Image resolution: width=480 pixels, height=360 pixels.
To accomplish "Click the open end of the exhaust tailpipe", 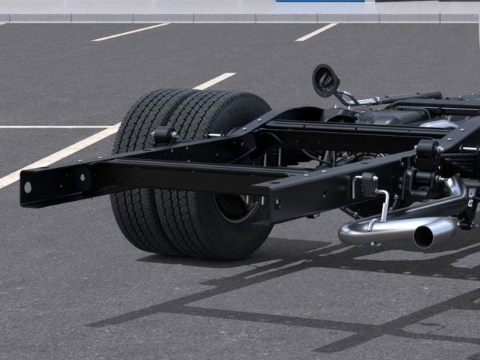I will [x=424, y=236].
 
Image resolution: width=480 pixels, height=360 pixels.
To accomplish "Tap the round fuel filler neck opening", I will [x=325, y=79].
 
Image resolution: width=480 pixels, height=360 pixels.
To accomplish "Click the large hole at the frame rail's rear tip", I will [x=28, y=187].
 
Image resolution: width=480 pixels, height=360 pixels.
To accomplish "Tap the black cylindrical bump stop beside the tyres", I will [x=163, y=136].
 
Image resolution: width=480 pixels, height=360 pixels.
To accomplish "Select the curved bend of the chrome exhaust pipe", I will [x=454, y=191].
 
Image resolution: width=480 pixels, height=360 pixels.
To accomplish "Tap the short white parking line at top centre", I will [x=316, y=31].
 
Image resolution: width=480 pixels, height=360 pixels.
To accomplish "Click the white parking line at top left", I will [x=130, y=31].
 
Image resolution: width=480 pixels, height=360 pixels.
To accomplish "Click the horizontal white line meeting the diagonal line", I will [x=52, y=126].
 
